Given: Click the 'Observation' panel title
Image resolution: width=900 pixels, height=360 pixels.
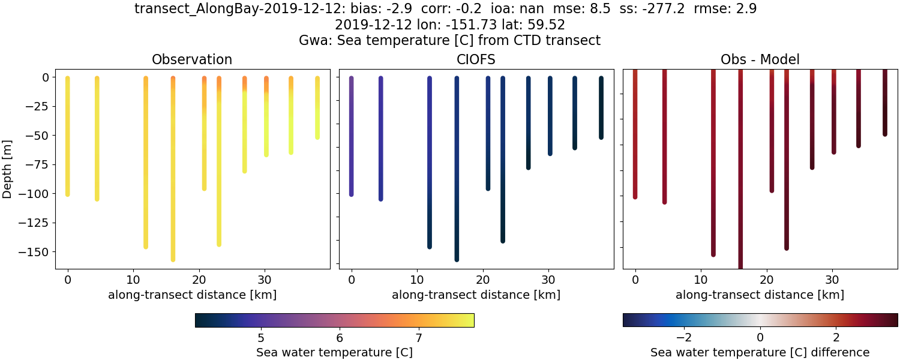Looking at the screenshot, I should click(192, 59).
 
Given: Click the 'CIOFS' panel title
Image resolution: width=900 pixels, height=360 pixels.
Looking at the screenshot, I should click(476, 59).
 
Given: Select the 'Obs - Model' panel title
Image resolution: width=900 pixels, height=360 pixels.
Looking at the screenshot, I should click(760, 59).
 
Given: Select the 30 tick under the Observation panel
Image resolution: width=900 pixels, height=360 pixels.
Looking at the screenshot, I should click(265, 279).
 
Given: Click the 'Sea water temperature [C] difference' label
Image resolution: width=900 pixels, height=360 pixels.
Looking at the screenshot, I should click(760, 352).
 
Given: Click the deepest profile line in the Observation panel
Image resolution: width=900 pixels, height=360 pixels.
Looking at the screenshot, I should click(173, 180).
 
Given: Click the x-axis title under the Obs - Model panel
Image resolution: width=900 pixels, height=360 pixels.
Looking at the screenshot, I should click(760, 295).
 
